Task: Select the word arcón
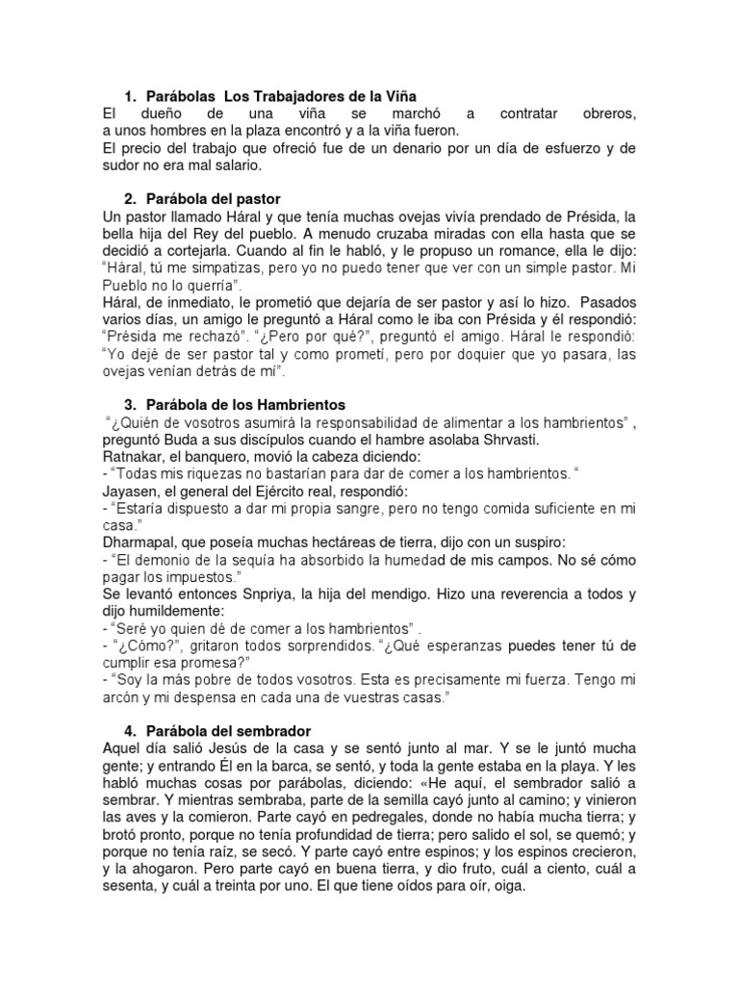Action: point(124,696)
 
